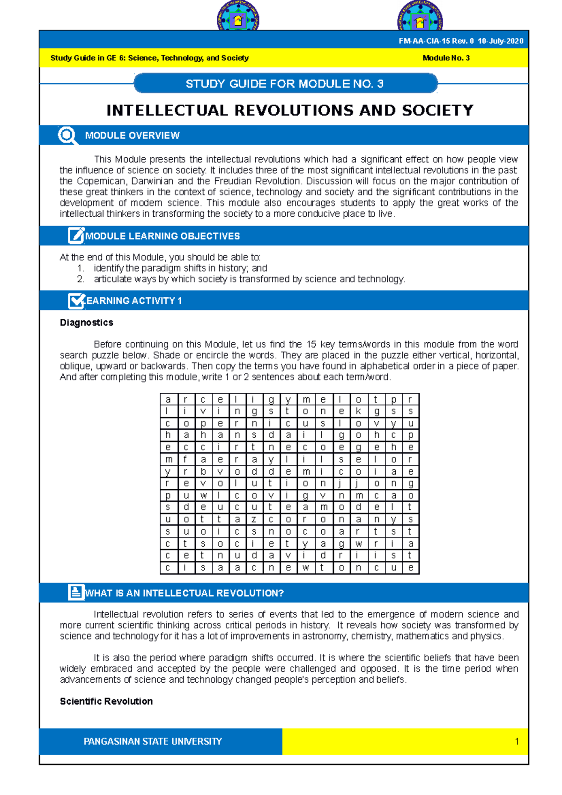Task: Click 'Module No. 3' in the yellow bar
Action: tap(446, 58)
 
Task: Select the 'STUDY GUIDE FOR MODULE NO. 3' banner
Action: tap(285, 84)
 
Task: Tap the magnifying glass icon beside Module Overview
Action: tap(67, 135)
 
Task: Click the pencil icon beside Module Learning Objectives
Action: tap(76, 236)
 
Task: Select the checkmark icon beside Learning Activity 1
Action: tap(76, 301)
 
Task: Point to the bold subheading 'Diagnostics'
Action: tap(87, 323)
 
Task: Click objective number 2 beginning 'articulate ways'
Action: tap(249, 279)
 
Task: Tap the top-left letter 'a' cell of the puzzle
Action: tap(168, 399)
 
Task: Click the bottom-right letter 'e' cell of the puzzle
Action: tap(410, 568)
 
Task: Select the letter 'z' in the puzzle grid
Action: tap(254, 519)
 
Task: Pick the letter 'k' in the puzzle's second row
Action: tap(358, 412)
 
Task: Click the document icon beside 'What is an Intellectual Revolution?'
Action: tap(76, 592)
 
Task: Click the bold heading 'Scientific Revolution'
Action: tap(106, 701)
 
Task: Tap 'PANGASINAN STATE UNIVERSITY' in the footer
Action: tap(153, 742)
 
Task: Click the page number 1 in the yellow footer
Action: tap(517, 742)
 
